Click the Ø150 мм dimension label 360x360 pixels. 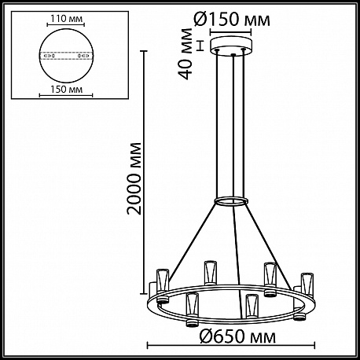pyautogui.click(x=231, y=20)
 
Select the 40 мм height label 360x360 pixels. pyautogui.click(x=186, y=53)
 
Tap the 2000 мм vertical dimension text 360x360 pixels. pyautogui.click(x=134, y=178)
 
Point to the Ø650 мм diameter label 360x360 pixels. pyautogui.click(x=237, y=336)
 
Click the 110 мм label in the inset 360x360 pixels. pyautogui.click(x=66, y=19)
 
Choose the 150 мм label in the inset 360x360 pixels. pyautogui.click(x=66, y=90)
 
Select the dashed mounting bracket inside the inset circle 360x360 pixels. pyautogui.click(x=66, y=56)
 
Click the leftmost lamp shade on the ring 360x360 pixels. pyautogui.click(x=163, y=281)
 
